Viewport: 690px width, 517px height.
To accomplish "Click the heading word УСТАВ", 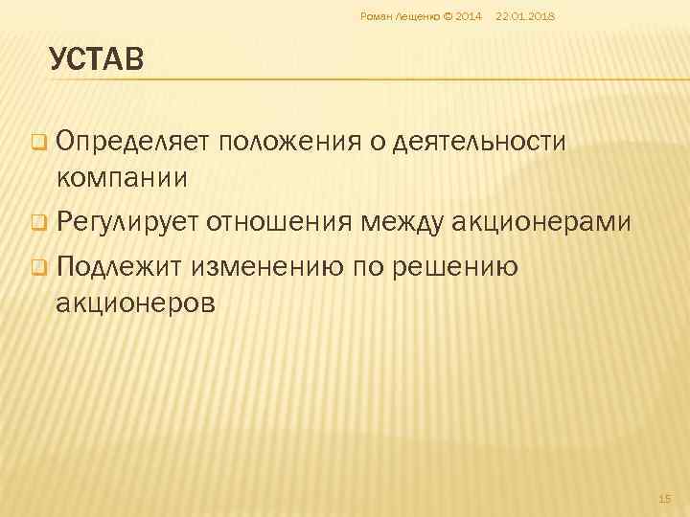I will [97, 61].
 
